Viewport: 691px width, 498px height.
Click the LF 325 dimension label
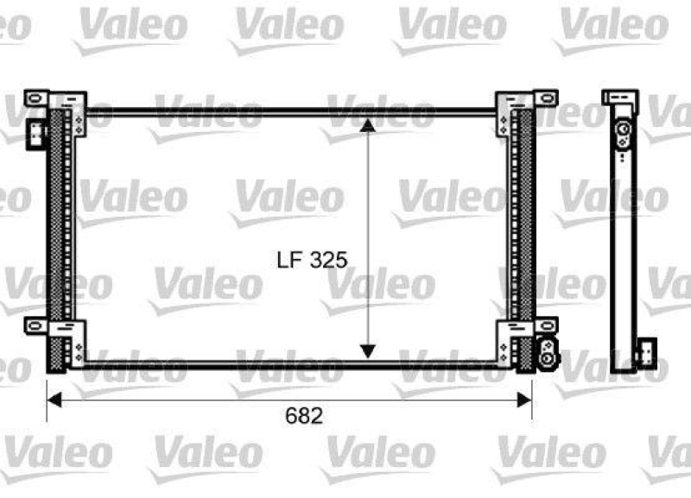pos(312,259)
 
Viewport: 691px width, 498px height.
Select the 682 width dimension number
pos(303,416)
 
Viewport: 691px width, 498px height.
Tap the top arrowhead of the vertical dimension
pos(368,125)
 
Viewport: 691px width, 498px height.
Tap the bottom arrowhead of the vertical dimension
pos(368,350)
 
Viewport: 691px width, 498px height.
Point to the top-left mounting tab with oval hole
pos(35,98)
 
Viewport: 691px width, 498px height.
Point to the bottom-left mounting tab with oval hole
pos(35,326)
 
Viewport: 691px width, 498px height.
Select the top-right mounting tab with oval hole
pos(543,98)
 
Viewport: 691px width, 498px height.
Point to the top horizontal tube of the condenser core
pos(294,111)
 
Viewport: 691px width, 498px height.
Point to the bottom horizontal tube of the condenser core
pos(294,366)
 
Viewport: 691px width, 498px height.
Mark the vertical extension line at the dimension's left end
pos(47,388)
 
